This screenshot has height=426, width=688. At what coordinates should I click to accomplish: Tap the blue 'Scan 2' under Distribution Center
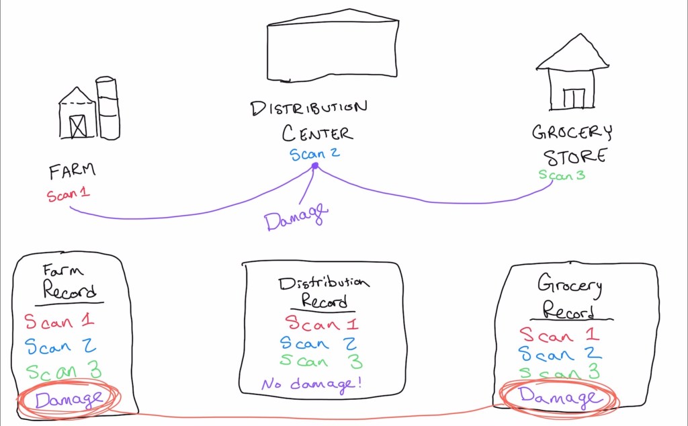point(314,154)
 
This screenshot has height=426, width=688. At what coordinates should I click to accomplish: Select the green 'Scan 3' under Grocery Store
point(562,175)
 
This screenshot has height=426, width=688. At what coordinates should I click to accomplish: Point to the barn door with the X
point(78,125)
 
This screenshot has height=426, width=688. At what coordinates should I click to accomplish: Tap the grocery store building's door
point(574,98)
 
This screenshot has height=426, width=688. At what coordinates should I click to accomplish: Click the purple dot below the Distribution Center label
point(314,165)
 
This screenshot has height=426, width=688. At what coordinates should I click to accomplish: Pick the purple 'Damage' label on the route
point(296,216)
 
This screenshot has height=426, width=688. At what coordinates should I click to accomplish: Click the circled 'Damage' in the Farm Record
point(69,399)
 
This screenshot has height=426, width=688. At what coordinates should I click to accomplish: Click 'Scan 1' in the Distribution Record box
point(322,324)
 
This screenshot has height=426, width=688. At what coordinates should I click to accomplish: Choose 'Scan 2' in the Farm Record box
point(60,346)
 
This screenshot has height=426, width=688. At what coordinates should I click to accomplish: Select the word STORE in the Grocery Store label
point(574,157)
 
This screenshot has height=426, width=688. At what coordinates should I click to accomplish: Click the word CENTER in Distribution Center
point(316,132)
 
